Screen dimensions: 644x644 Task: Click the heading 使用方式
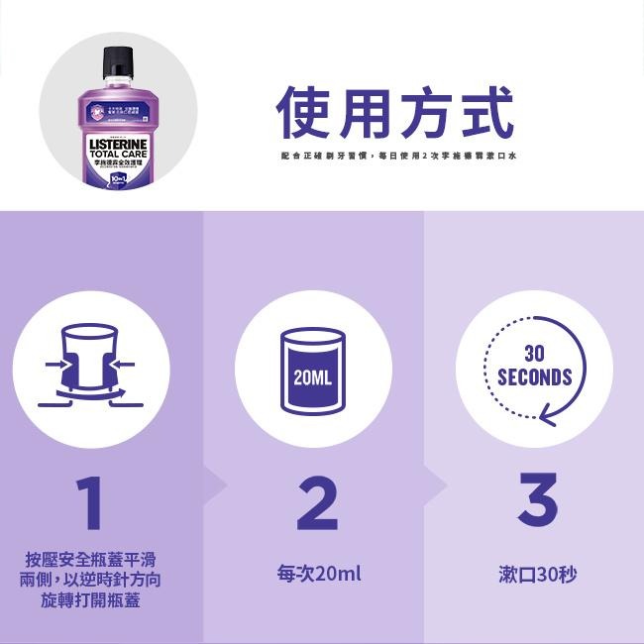coord(394,113)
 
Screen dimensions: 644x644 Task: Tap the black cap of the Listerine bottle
coord(117,64)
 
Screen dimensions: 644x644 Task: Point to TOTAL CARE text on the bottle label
coord(117,156)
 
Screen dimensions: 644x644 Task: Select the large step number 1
coord(92,502)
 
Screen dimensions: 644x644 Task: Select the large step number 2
coord(316,502)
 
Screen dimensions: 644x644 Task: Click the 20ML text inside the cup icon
coord(312,377)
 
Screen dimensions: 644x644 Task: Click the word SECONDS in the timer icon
coord(534,377)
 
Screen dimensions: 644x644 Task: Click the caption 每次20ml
coord(318,574)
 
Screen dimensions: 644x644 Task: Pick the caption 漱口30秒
coord(537,574)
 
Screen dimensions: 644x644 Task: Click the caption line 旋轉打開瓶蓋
coord(91,599)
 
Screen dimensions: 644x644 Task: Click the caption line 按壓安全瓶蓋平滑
coord(91,560)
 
